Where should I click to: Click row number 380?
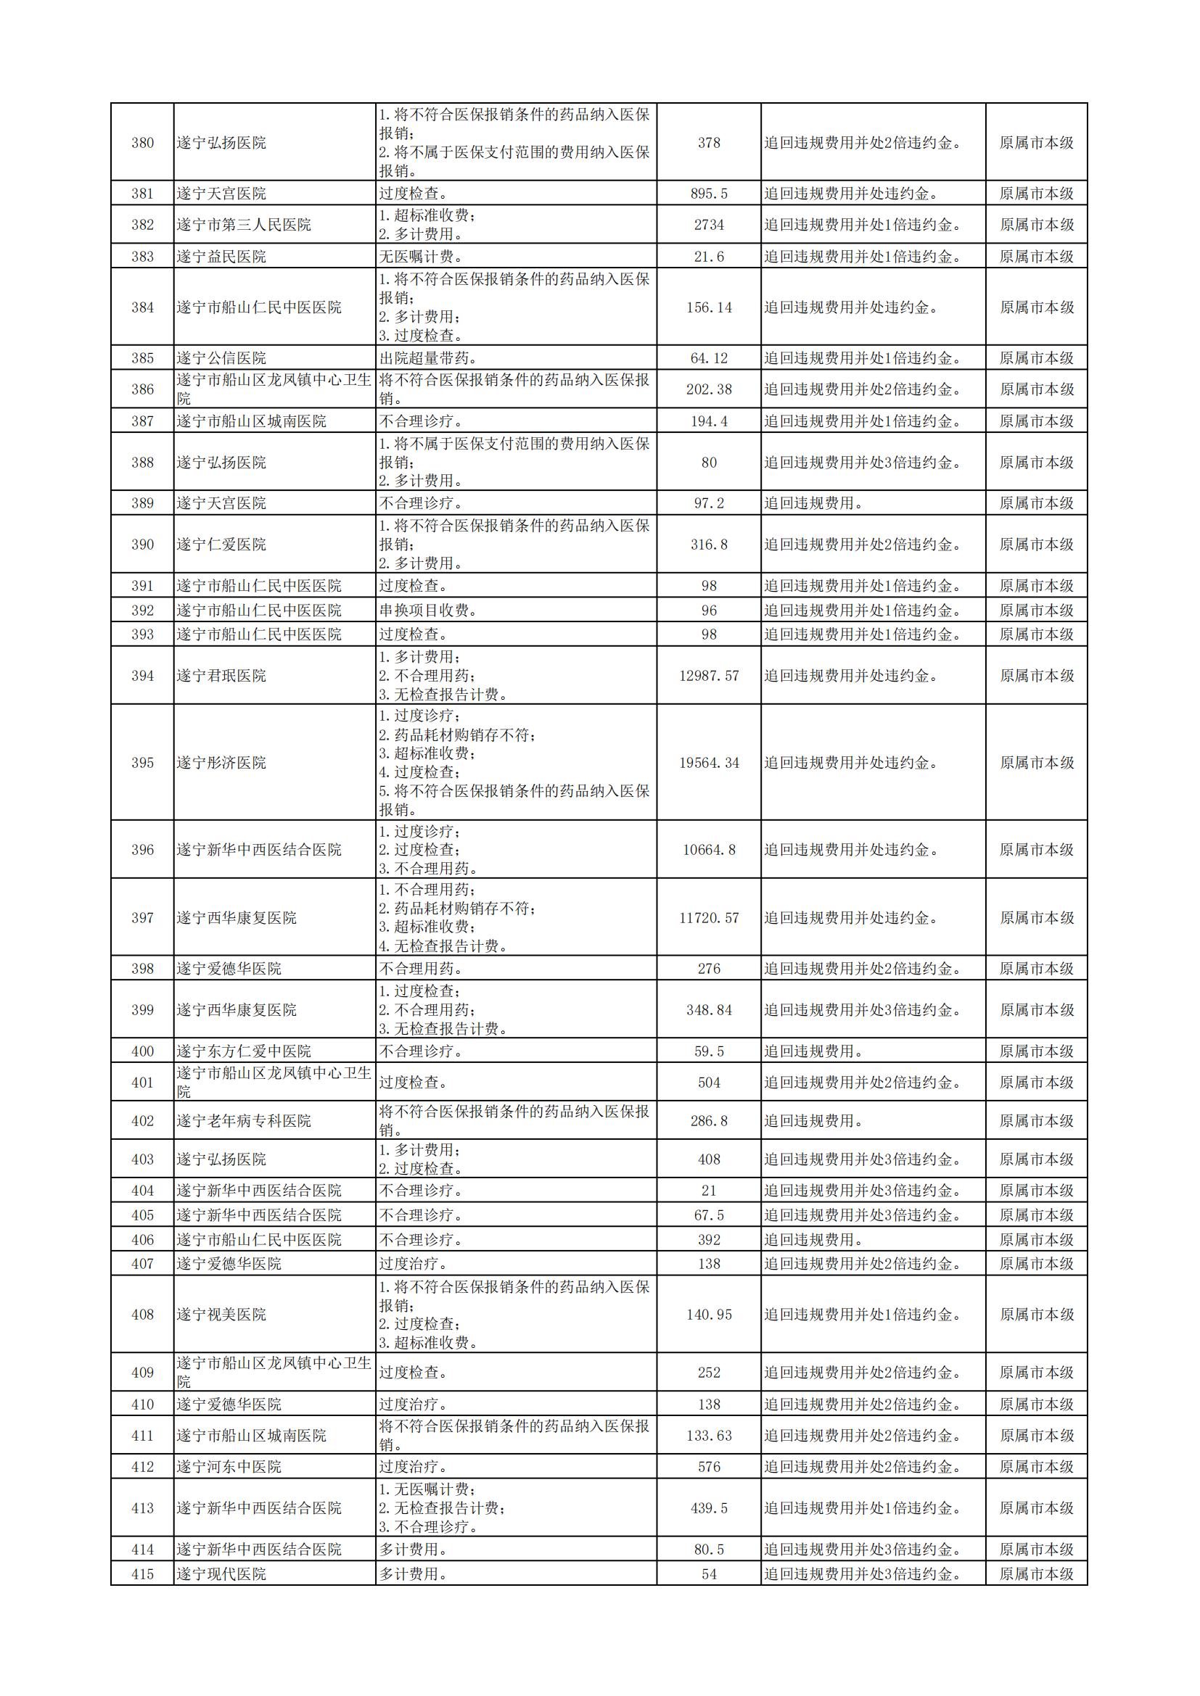[143, 143]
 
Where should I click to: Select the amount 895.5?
[709, 194]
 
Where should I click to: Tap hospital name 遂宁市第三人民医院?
[243, 225]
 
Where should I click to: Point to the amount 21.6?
[709, 256]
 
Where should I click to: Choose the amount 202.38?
[709, 389]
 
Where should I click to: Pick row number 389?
[143, 503]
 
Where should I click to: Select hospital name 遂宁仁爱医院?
[221, 545]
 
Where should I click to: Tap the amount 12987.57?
[709, 676]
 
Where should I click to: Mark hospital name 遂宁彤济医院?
[221, 762]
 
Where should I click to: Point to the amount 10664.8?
[709, 850]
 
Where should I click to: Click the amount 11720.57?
[709, 917]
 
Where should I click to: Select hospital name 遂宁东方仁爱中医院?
[243, 1051]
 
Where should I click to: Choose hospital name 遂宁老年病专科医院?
[243, 1120]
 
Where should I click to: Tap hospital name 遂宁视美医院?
[221, 1314]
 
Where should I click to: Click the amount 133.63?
[709, 1435]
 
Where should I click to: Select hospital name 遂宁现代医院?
[221, 1574]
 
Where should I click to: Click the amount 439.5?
[709, 1507]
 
